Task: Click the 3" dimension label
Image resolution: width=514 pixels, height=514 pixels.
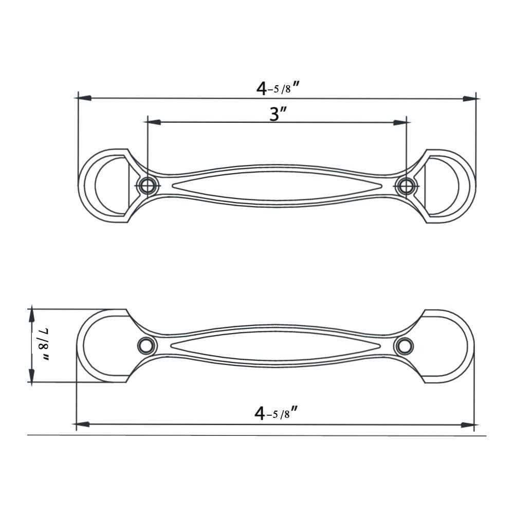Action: [278, 114]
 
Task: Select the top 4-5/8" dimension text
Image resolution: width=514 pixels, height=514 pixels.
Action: [278, 88]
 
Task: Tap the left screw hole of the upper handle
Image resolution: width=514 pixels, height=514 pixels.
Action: [148, 185]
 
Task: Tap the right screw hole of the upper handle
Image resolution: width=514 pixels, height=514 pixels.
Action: [406, 185]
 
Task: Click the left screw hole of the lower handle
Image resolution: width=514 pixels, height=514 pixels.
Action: [146, 345]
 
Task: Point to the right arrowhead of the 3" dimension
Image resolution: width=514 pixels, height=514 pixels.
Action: [399, 122]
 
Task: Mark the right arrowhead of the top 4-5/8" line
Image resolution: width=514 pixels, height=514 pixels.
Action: [469, 98]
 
